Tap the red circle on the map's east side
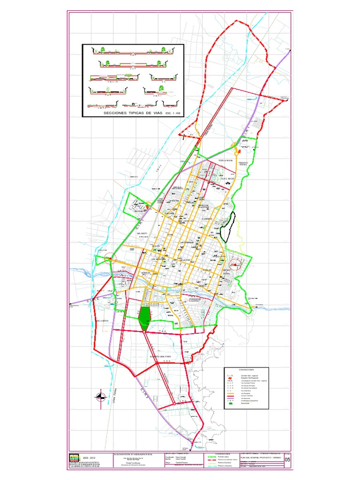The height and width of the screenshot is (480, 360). point(236,267)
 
